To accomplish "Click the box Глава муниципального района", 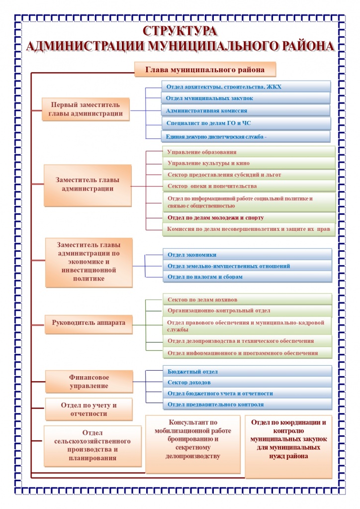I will pos(204,69).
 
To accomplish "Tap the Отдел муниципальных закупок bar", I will pos(246,99).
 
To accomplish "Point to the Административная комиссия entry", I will pos(246,110).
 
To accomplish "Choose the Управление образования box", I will pos(249,152).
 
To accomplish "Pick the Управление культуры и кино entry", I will pos(249,163).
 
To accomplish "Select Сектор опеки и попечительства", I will pos(249,186).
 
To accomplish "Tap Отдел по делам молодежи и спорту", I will pos(249,218).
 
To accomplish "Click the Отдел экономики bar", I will pos(247,255).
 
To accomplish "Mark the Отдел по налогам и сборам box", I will pos(247,277).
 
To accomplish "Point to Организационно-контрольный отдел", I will pos(247,310).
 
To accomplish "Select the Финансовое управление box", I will pos(89,381).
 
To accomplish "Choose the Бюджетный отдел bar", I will pos(247,372).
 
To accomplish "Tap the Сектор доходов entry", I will pos(247,383).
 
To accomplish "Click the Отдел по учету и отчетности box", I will pos(89,409).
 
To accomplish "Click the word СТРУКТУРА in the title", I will pos(180,31).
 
